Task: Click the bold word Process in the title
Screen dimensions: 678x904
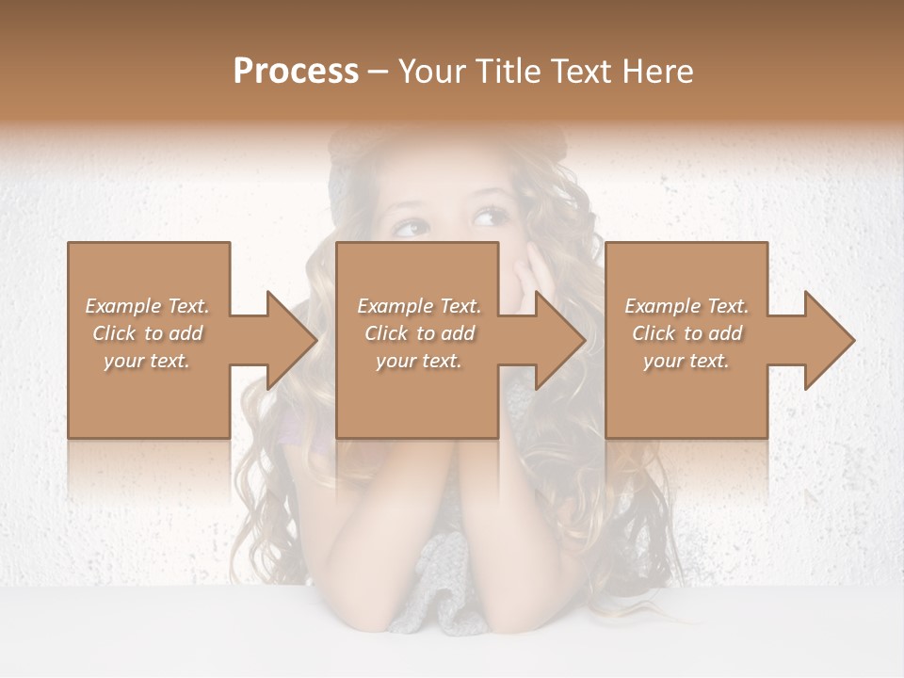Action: pyautogui.click(x=296, y=72)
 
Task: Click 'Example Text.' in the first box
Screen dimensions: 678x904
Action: pyautogui.click(x=148, y=306)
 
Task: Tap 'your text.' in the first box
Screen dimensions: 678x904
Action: pyautogui.click(x=148, y=361)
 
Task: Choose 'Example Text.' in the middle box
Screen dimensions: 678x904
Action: pyautogui.click(x=419, y=306)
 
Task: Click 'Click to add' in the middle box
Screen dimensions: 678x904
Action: pyautogui.click(x=419, y=333)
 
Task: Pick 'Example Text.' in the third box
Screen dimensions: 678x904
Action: pyautogui.click(x=686, y=306)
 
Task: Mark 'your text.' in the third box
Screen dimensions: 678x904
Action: pyautogui.click(x=686, y=361)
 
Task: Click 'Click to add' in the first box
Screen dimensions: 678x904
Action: pyautogui.click(x=148, y=333)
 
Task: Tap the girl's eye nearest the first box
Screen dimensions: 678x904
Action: pyautogui.click(x=411, y=227)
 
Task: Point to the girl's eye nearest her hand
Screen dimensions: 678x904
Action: pyautogui.click(x=492, y=219)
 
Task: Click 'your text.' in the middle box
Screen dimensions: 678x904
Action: pyautogui.click(x=419, y=361)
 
